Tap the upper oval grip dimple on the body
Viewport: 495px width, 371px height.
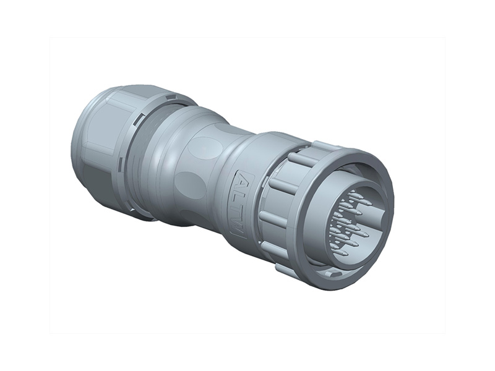pyautogui.click(x=204, y=148)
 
